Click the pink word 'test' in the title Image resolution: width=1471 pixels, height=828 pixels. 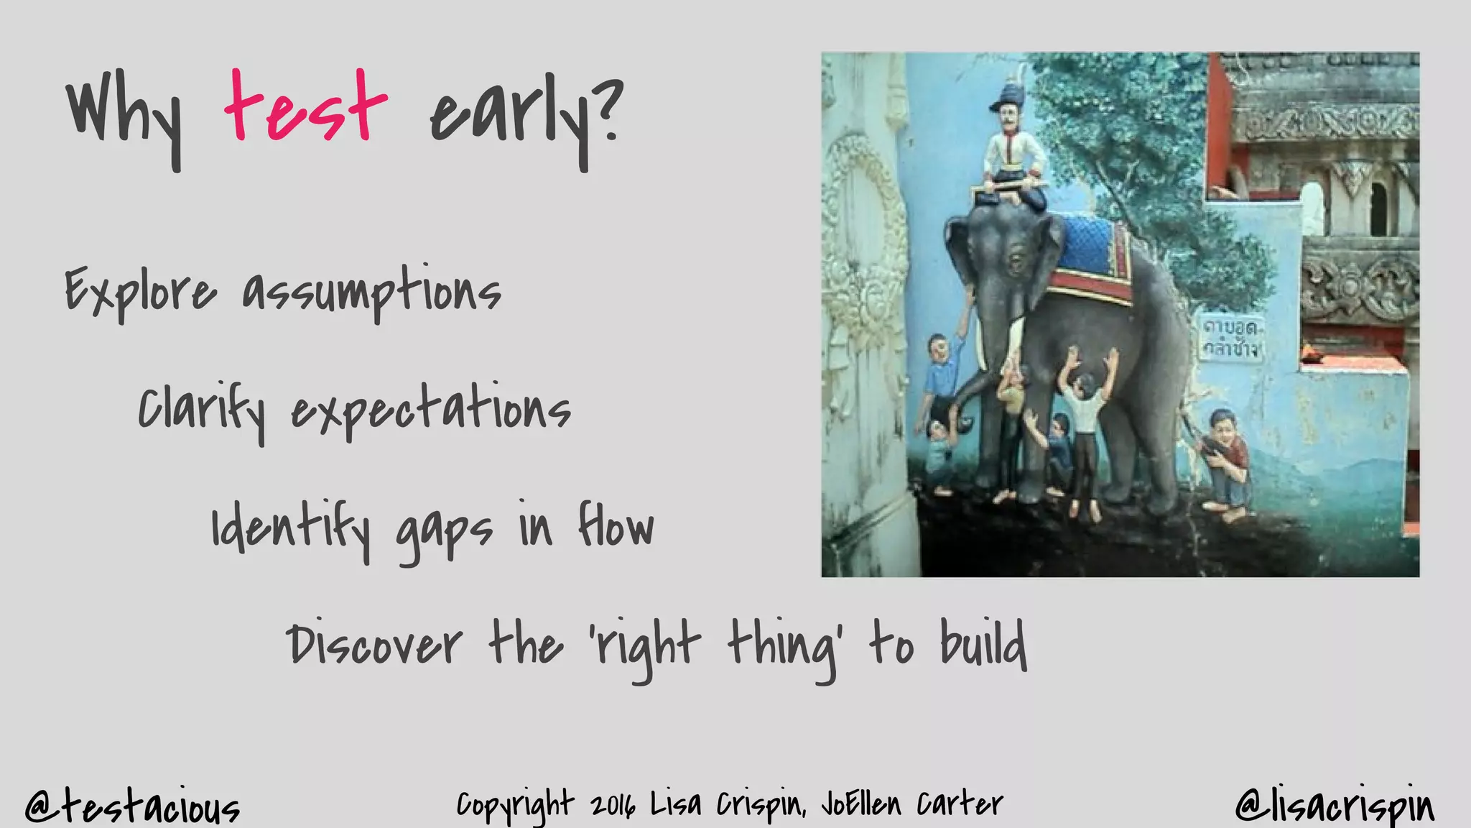[x=305, y=108]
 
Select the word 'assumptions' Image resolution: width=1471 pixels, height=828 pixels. [x=371, y=291]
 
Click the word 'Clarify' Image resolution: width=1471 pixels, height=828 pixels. [x=202, y=410]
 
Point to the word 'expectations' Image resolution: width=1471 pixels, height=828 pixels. [x=430, y=410]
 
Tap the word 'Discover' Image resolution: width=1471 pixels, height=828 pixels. [x=374, y=643]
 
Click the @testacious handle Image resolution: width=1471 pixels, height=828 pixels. [x=132, y=806]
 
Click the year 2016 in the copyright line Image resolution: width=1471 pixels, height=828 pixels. [x=613, y=805]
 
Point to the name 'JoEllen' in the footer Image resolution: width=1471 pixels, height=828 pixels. [x=860, y=804]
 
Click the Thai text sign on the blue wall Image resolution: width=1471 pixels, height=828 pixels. [x=1230, y=338]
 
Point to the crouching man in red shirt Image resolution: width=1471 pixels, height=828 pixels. [x=1225, y=460]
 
